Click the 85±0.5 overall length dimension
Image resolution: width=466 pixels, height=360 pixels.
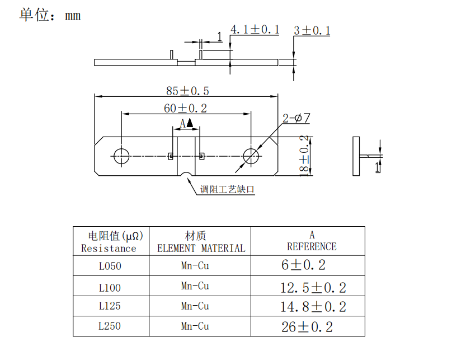(x=187, y=91)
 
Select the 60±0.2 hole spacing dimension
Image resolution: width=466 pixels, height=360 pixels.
(x=185, y=109)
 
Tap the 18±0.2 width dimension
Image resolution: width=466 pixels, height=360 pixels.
(x=304, y=156)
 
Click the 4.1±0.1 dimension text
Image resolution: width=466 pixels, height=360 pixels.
(x=255, y=30)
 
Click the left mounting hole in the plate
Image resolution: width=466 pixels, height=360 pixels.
(x=121, y=156)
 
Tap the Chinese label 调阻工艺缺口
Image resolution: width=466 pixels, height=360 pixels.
(x=228, y=190)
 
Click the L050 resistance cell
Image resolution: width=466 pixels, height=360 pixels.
(x=110, y=266)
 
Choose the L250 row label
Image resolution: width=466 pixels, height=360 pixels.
(x=110, y=326)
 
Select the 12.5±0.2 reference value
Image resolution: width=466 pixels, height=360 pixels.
(x=313, y=288)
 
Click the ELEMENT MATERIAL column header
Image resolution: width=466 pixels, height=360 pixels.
(x=200, y=248)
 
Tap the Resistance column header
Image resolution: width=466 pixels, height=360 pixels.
(x=109, y=248)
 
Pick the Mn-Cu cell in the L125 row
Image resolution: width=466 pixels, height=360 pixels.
(x=195, y=306)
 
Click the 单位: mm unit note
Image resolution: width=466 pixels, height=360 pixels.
(x=50, y=15)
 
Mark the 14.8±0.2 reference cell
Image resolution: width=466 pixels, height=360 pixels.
(x=313, y=307)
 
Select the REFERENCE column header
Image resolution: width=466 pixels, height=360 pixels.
(x=312, y=246)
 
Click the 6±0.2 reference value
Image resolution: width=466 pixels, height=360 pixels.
(x=303, y=265)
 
